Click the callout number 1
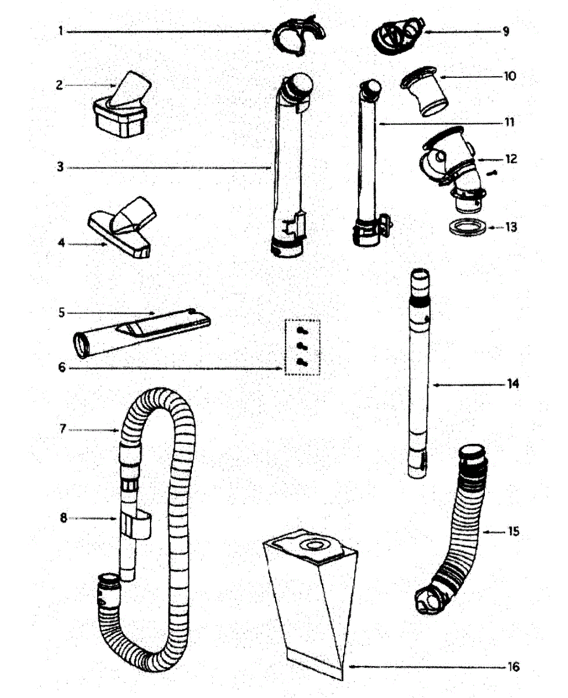[x=60, y=31]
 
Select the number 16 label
[x=513, y=667]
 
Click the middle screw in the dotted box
[x=302, y=346]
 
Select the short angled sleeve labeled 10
[x=426, y=90]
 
